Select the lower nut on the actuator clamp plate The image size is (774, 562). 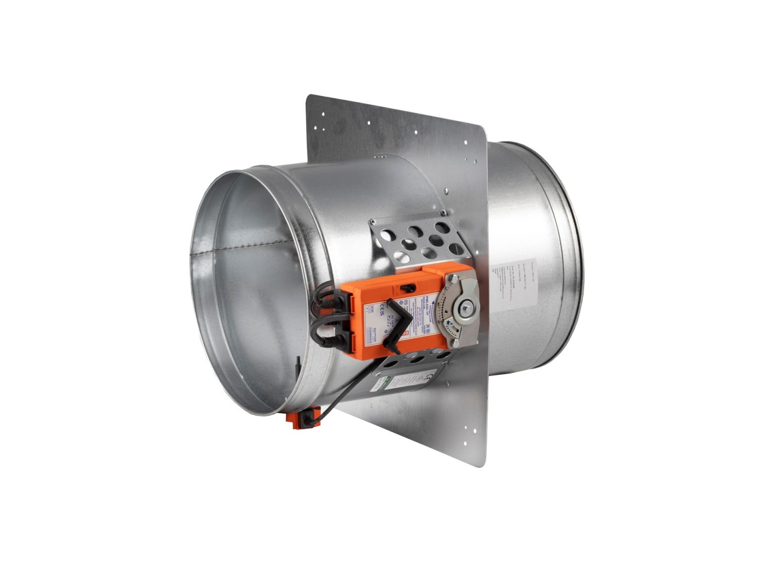(x=456, y=343)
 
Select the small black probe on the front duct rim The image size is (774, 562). (x=298, y=365)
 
